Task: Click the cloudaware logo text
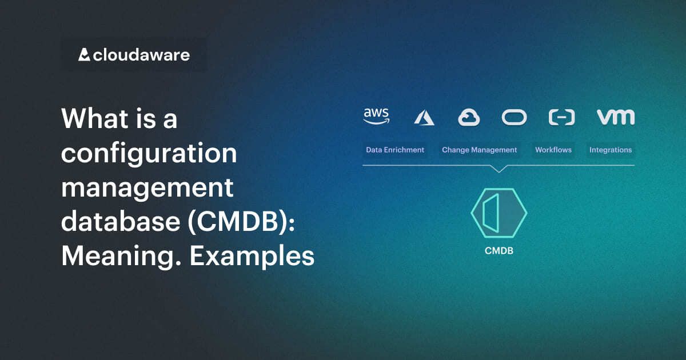141,55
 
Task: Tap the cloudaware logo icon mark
84,55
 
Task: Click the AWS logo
376,116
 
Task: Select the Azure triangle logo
424,118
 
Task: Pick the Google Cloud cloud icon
469,118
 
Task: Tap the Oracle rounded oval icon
514,117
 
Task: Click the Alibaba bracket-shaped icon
561,117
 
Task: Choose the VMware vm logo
616,117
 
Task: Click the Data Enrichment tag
395,150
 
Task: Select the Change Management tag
479,150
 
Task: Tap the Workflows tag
553,150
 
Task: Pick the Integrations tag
611,150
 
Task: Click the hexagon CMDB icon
498,213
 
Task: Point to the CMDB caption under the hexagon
498,250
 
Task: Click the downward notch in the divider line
498,169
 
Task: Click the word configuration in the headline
149,154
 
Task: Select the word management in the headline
147,188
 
